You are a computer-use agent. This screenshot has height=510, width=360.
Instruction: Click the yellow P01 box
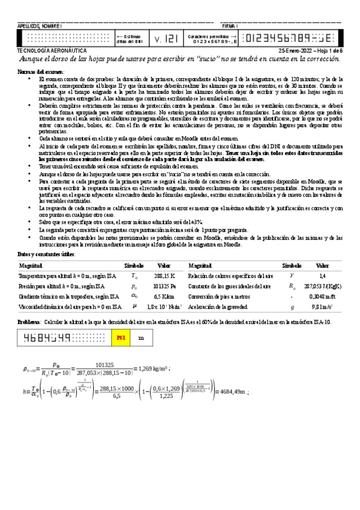pyautogui.click(x=120, y=338)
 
